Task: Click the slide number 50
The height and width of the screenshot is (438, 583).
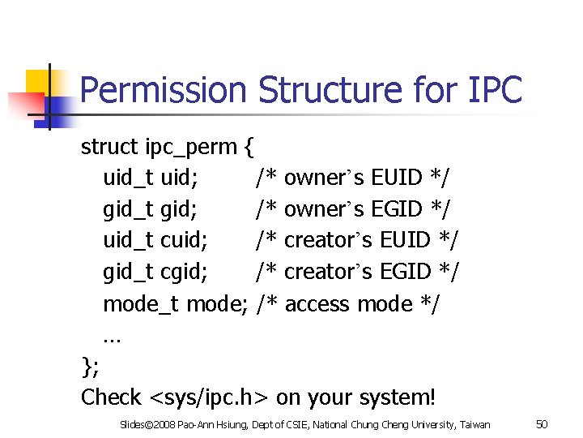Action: click(x=543, y=424)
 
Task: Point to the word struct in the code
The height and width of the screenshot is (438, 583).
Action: click(x=109, y=147)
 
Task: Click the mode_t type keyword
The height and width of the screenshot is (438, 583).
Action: click(x=141, y=304)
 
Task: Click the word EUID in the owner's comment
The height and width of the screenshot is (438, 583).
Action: click(x=397, y=177)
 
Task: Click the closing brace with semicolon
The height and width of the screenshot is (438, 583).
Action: click(x=90, y=367)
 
